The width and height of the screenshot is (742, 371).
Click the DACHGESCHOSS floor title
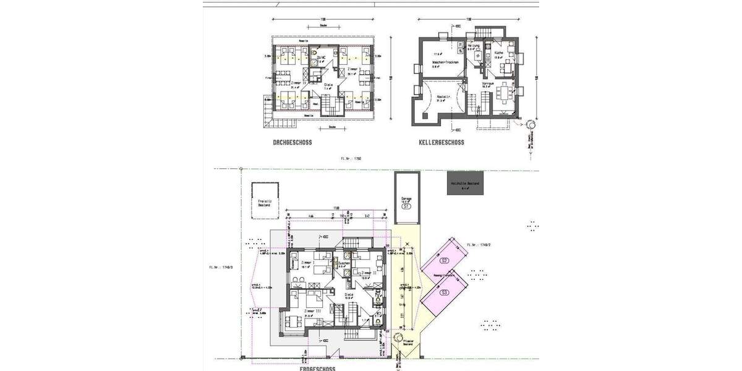292,142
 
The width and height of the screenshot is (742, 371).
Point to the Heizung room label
473,46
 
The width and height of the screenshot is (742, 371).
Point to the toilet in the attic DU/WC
314,61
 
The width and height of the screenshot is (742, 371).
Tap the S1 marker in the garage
406,207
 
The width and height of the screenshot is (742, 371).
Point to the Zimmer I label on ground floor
307,263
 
